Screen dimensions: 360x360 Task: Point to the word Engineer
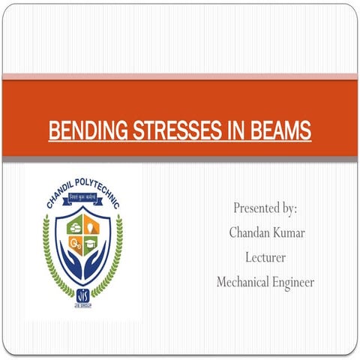295,282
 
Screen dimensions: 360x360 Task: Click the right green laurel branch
118,255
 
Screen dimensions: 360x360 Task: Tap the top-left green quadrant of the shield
75,223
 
